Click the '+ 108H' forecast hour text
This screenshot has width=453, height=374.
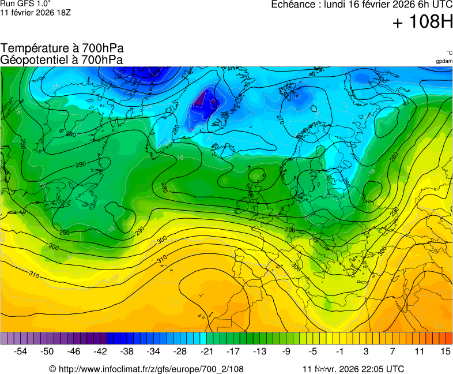[x=422, y=22]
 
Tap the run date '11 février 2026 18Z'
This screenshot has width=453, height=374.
[x=36, y=12]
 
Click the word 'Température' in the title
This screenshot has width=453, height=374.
[x=32, y=48]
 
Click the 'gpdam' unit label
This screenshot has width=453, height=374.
[x=444, y=61]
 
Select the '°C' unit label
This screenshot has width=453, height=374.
[x=449, y=53]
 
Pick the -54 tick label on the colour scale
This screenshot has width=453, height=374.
[x=21, y=351]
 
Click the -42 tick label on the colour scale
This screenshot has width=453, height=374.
[x=100, y=351]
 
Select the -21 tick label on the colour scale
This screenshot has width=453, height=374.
[x=206, y=351]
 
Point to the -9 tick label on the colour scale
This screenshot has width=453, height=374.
[x=286, y=351]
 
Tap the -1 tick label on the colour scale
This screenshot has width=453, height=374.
[x=339, y=351]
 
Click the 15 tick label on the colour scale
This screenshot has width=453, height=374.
[x=446, y=351]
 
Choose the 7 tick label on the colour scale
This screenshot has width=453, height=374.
[x=392, y=351]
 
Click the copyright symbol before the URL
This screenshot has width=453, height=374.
[x=52, y=369]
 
